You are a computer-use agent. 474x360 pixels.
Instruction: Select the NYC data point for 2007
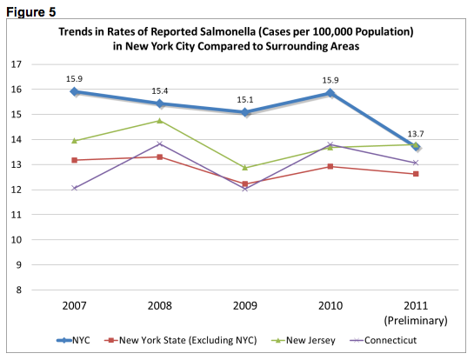click(75, 91)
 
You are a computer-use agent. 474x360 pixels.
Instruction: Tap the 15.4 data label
click(160, 90)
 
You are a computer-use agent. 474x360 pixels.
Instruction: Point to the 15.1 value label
click(245, 98)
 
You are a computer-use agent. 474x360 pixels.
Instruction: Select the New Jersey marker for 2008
click(160, 121)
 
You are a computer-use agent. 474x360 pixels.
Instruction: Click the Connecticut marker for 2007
click(75, 188)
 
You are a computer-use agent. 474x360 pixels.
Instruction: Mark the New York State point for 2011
click(416, 174)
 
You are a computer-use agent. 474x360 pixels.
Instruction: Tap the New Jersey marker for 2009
click(245, 167)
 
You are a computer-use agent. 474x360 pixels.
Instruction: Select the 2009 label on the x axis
click(245, 307)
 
